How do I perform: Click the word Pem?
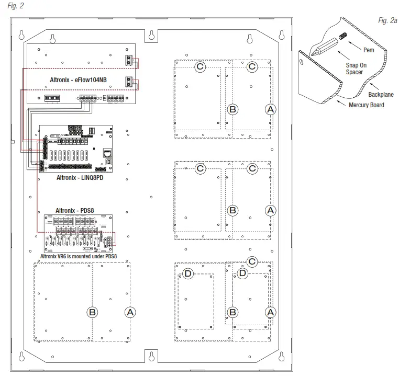[369, 51]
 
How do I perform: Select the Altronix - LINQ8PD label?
[79, 177]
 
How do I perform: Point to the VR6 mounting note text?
[79, 257]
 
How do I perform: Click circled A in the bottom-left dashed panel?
[130, 311]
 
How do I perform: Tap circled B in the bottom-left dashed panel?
[92, 312]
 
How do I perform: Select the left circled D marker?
[188, 273]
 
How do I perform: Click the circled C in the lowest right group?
[252, 261]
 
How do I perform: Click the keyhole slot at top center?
[150, 35]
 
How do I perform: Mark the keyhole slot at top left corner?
[21, 35]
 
